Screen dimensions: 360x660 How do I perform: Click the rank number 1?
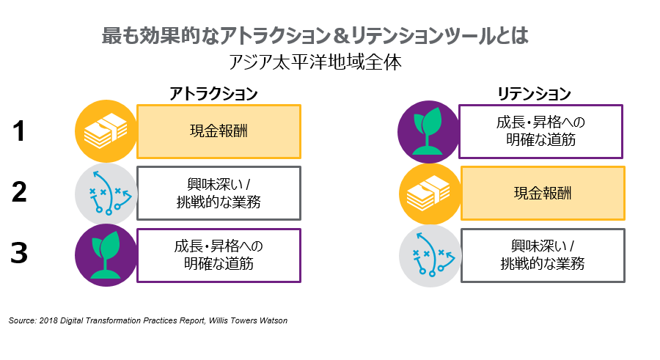click(x=20, y=132)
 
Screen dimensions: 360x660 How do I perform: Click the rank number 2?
click(x=20, y=193)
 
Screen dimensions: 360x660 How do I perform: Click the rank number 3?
click(x=20, y=253)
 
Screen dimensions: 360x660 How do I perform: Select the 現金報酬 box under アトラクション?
click(x=219, y=132)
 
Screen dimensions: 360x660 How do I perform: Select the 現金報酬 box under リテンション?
click(x=543, y=194)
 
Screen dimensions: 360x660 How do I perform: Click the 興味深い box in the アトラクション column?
click(x=219, y=194)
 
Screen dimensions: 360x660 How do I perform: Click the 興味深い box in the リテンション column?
click(x=543, y=254)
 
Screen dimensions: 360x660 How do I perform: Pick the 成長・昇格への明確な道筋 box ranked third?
click(x=219, y=255)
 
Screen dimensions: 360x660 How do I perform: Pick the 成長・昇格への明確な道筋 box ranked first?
click(x=540, y=131)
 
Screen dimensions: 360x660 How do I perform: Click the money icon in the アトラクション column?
click(x=106, y=132)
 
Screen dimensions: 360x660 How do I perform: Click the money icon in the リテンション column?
click(x=430, y=194)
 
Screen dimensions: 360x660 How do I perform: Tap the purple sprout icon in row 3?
click(x=106, y=255)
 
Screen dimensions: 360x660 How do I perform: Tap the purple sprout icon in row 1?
click(x=428, y=132)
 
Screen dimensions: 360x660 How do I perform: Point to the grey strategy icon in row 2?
click(x=106, y=194)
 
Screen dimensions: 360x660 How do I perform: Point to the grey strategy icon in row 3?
click(x=430, y=255)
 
